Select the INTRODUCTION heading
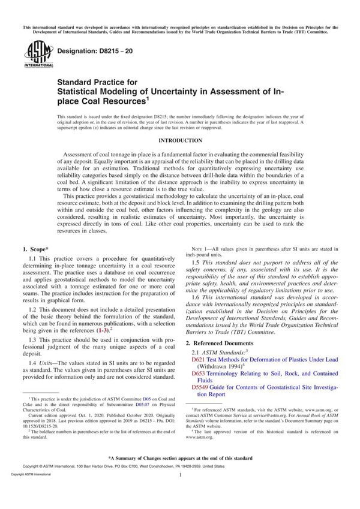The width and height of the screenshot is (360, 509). [179, 140]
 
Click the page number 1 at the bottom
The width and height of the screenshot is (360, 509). [180, 492]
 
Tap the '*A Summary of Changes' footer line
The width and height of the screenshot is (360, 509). [180, 475]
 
